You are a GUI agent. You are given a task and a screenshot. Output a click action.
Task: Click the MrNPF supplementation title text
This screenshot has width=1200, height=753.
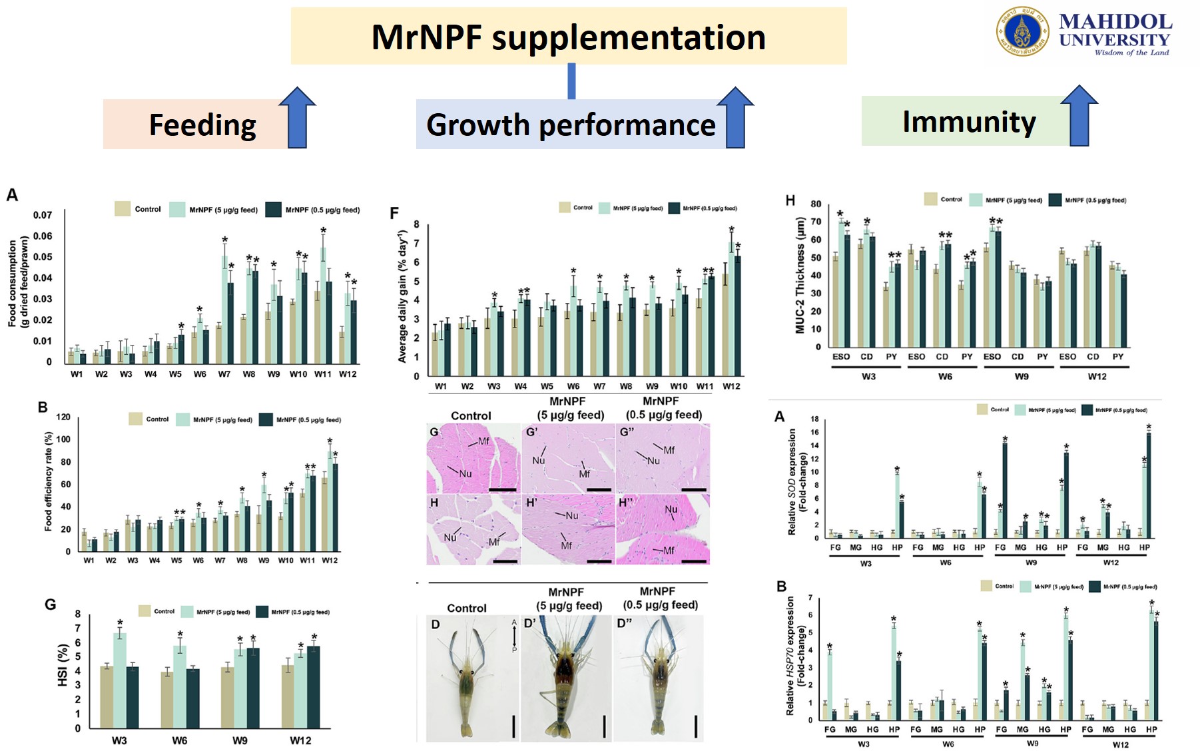568,37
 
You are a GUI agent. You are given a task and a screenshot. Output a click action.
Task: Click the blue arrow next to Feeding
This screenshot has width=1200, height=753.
297,118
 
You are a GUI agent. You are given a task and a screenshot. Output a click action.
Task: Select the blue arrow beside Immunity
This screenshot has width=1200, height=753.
1079,116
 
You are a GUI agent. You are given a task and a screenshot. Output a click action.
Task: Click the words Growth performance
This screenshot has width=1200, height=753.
571,125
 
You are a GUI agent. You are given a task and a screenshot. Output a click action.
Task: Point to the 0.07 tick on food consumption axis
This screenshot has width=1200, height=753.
43,215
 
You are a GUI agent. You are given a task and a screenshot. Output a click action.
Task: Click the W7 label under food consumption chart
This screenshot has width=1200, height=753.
224,374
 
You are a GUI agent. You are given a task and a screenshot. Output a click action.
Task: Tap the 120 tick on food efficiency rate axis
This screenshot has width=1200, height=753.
63,417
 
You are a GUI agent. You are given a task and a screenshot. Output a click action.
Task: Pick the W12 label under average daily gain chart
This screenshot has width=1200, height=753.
731,386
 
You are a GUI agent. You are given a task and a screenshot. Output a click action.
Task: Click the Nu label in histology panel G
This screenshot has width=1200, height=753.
465,473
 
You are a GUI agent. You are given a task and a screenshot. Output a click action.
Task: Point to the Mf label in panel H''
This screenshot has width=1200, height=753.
669,551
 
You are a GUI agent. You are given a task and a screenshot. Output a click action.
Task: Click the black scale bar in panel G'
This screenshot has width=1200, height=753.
599,489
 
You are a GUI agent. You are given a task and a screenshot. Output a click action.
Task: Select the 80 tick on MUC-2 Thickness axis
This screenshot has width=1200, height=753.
816,204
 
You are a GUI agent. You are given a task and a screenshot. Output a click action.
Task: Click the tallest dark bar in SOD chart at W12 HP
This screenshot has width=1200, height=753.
1149,484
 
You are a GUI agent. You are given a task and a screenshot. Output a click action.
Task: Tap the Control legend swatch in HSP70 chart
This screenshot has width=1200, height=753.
986,586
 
